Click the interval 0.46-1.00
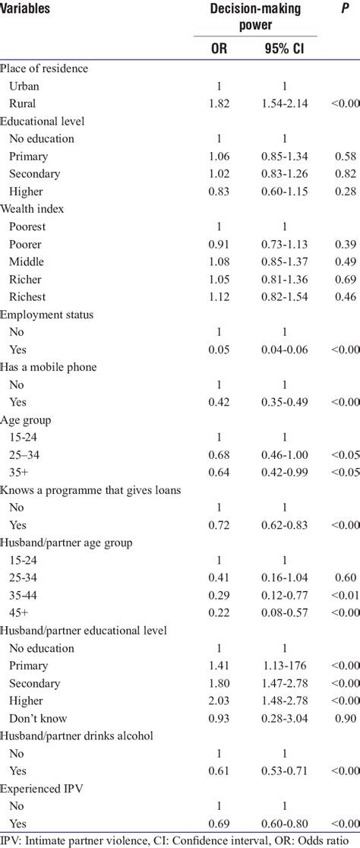click(x=283, y=454)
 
